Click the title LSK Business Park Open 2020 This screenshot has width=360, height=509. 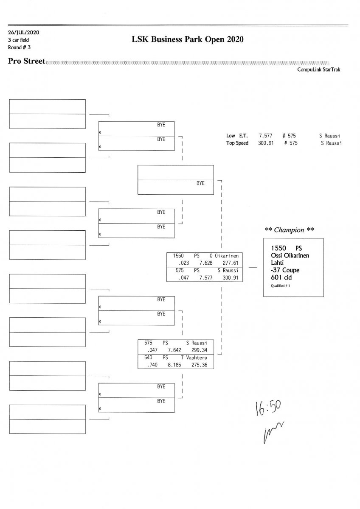188,39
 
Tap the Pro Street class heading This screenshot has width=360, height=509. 26,62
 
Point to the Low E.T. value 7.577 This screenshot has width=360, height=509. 266,136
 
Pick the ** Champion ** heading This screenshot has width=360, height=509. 290,230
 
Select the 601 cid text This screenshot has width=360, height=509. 281,277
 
